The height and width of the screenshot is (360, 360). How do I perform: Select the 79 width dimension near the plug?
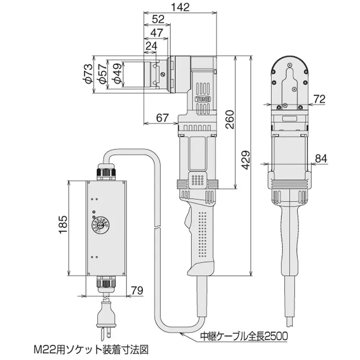pos(137,290)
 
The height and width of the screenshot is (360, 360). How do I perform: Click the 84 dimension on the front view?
pos(321,159)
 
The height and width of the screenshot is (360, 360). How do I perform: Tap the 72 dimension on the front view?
pos(320,99)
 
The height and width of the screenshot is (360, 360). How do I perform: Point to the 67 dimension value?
pos(162,118)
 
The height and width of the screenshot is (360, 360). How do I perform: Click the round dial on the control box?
pos(100,224)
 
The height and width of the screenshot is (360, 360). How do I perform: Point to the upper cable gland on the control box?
pos(107,171)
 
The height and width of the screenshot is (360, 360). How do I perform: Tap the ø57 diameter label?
pos(101,74)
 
